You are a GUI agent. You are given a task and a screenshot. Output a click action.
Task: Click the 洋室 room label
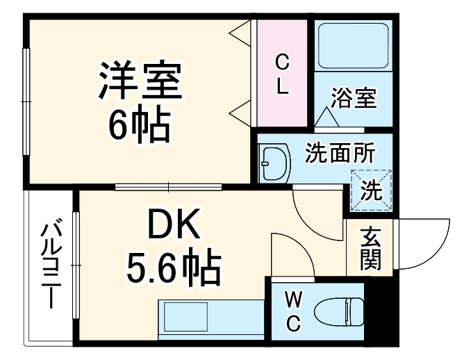(x=139, y=81)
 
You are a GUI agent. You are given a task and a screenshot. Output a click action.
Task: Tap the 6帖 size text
(x=139, y=124)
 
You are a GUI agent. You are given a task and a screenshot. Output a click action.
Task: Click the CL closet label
(x=282, y=74)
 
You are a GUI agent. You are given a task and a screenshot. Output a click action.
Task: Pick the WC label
(x=294, y=311)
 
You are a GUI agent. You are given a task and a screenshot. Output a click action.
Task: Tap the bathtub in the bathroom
(x=352, y=47)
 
